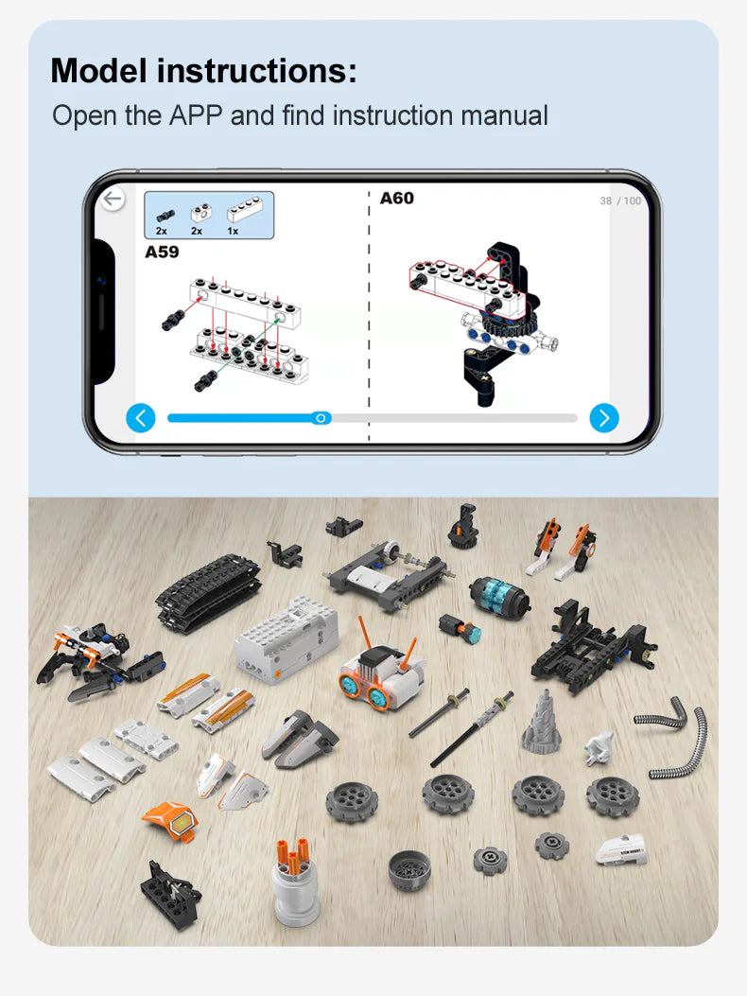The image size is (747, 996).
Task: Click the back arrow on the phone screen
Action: [113, 199]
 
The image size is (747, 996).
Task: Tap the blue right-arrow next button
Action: [604, 417]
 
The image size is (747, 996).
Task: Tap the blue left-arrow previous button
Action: [141, 417]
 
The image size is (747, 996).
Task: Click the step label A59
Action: [162, 253]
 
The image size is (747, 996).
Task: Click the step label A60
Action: [397, 199]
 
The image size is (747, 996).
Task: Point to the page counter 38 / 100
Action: [620, 201]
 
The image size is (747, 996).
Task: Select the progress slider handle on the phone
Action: [321, 417]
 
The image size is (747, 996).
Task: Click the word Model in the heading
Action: [99, 71]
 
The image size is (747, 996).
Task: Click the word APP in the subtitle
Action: [196, 116]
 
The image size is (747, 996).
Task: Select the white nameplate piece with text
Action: [621, 848]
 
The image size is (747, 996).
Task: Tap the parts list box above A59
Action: [209, 215]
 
